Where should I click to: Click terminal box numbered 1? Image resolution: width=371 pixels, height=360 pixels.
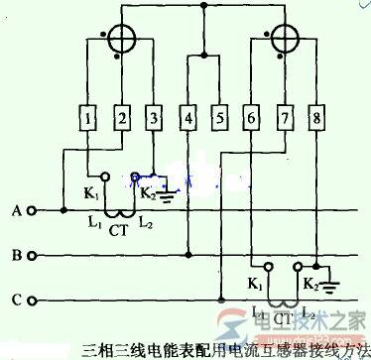coord(90,121)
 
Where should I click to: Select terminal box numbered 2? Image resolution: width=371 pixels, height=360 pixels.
coord(122,121)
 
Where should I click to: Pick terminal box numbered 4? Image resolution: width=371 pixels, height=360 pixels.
coord(188,121)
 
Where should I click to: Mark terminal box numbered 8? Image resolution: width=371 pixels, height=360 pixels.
coord(317,121)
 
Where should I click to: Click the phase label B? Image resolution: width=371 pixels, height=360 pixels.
coord(16,255)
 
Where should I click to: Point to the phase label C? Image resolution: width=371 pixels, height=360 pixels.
coord(16,297)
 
